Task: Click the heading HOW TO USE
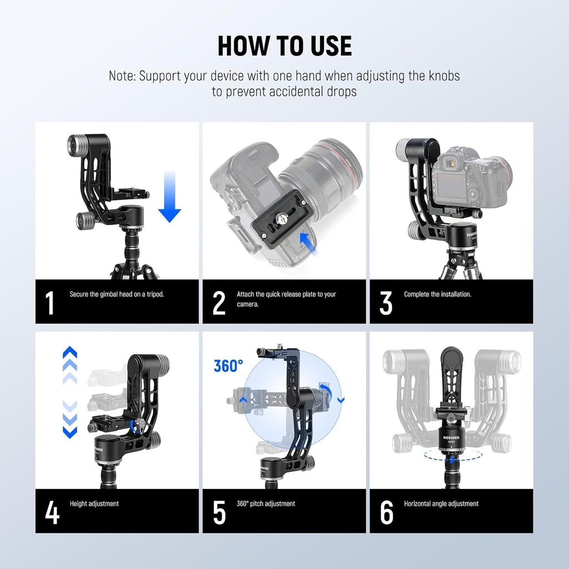(284, 46)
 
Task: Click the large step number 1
(49, 302)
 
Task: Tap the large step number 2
(219, 302)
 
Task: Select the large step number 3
(386, 302)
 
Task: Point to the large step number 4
(52, 512)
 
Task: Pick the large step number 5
(219, 512)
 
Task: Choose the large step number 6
(387, 512)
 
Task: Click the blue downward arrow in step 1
(169, 197)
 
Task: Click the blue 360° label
(228, 366)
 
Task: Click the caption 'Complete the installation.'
(437, 295)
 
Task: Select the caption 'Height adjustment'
(94, 503)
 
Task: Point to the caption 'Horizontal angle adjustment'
(441, 503)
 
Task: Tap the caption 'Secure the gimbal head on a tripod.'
(117, 295)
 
